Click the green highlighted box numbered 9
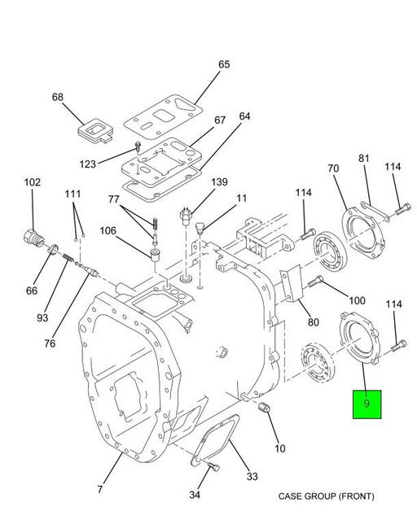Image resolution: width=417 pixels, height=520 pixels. pos(367,404)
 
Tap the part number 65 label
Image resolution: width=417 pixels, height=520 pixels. pos(224,64)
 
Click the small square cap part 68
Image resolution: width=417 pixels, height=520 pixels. pos(96,130)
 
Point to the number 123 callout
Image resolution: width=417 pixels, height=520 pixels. pos(88,164)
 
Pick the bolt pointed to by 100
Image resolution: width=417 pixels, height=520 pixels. pos(315,282)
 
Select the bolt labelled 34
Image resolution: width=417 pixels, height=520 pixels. pos(213,467)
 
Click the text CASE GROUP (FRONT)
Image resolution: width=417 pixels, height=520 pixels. pos(326,496)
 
